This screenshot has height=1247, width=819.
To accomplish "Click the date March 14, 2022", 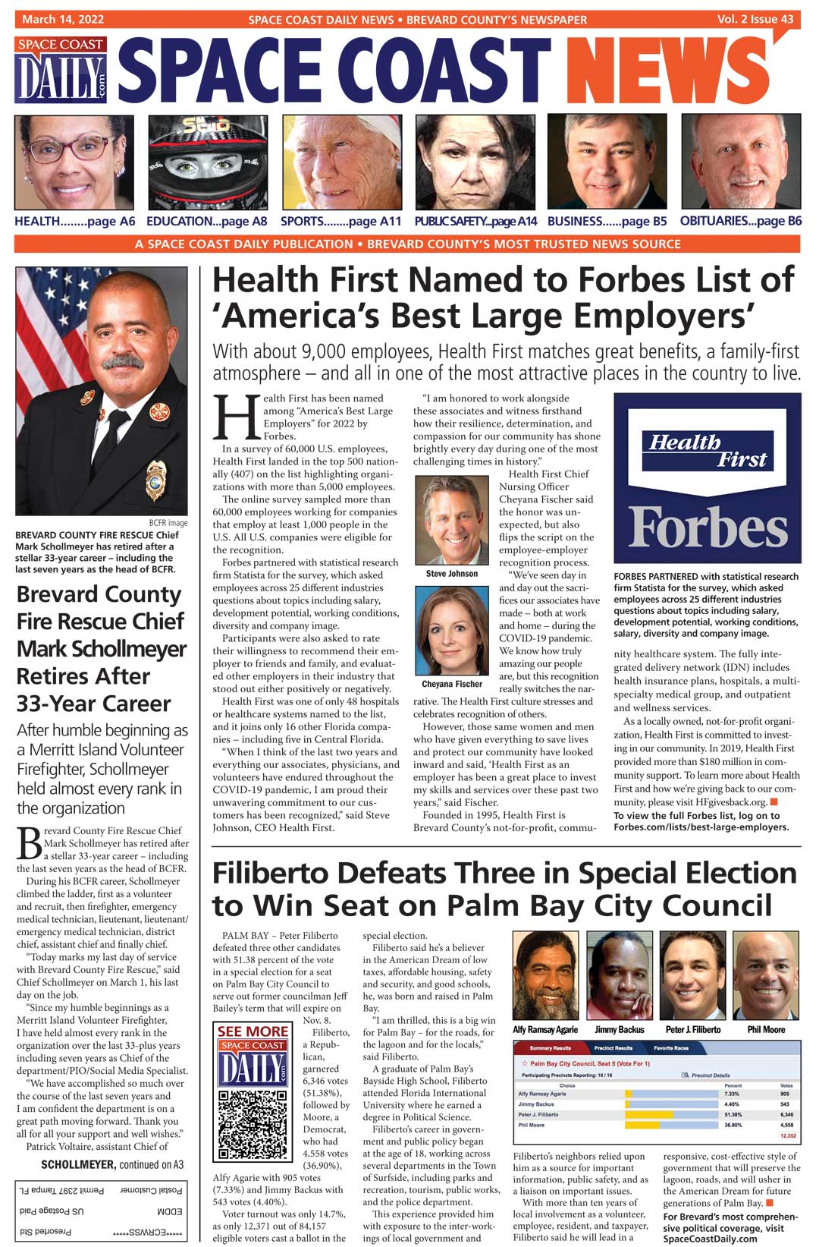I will (x=63, y=19).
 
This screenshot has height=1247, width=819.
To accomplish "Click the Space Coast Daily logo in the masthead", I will (x=61, y=70).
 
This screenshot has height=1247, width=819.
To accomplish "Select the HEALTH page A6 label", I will (x=74, y=221).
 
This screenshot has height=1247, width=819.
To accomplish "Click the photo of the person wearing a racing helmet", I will (x=207, y=162).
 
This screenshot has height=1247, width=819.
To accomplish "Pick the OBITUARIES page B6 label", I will (x=740, y=221).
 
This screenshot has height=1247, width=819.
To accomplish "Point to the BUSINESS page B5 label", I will (x=607, y=221).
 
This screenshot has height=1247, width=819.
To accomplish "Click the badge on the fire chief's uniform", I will (x=155, y=479).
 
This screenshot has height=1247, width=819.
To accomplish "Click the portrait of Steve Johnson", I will (x=452, y=520).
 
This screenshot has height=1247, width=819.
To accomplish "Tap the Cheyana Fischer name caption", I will (x=452, y=684).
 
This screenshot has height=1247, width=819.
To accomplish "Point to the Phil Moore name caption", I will (x=766, y=1030).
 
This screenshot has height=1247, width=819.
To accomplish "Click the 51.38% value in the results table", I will (x=733, y=1114).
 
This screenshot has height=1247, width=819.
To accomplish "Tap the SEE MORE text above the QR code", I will (x=253, y=1031).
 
